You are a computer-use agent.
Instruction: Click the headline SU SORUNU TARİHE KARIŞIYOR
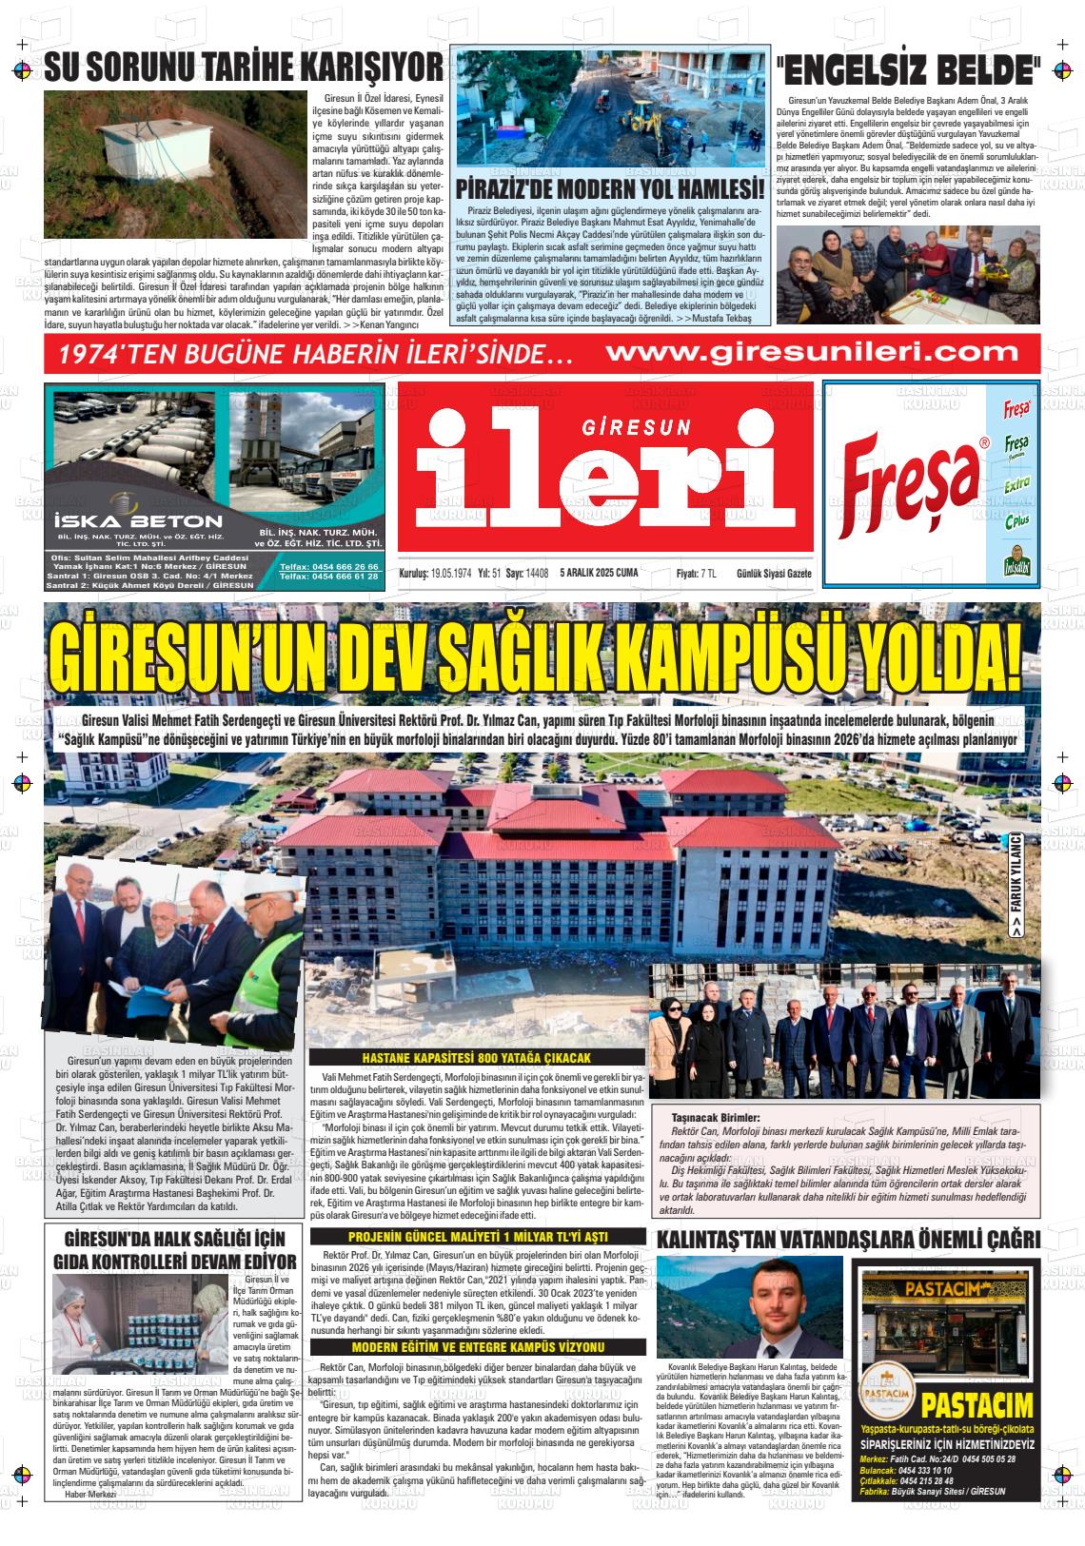244,67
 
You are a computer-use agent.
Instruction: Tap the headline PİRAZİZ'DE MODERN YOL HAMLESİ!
610,186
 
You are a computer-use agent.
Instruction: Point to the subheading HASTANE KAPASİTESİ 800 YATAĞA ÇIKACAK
477,1058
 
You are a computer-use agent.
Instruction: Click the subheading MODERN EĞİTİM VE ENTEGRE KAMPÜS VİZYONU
478,1347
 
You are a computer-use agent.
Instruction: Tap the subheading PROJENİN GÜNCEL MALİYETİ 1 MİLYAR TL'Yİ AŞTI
478,1236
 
